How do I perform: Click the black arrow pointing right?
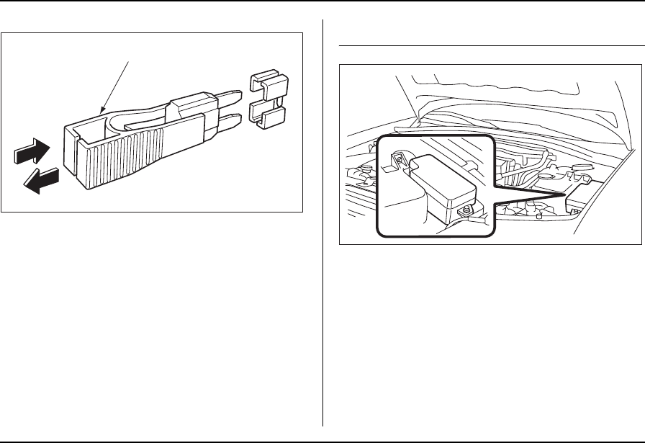[32, 153]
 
